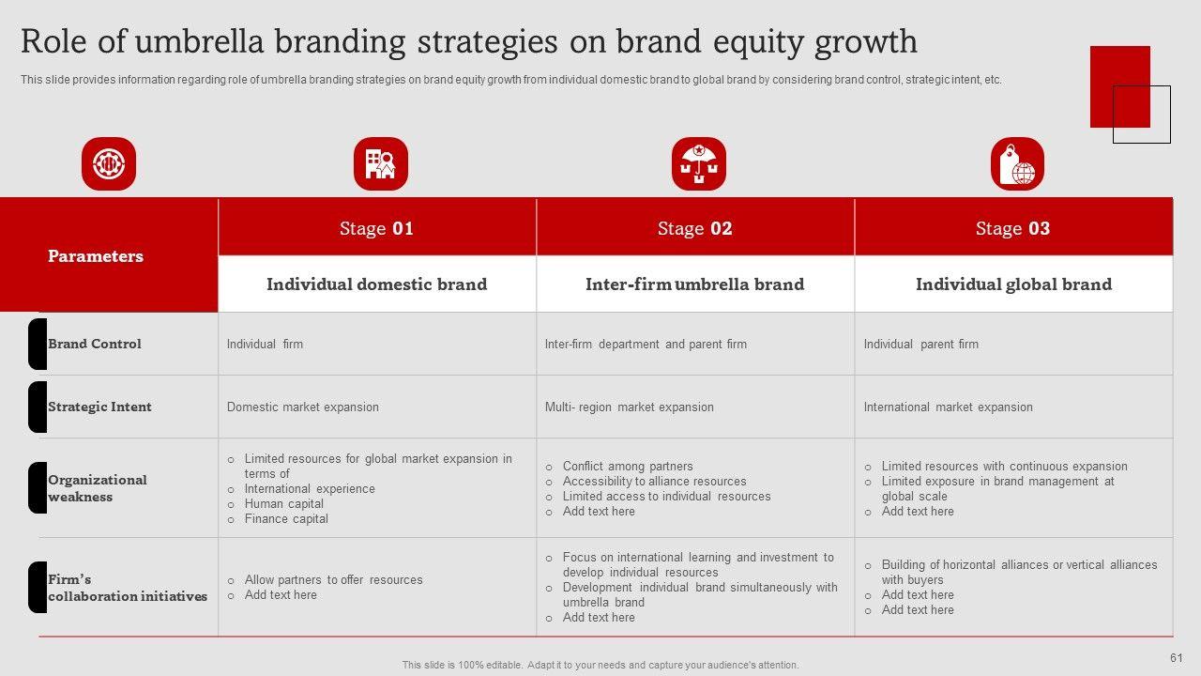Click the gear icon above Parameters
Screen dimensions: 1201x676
(x=109, y=163)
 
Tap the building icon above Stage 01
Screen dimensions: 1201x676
(x=381, y=163)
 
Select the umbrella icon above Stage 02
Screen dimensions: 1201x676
(x=699, y=163)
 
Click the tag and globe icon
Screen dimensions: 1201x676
(x=1017, y=163)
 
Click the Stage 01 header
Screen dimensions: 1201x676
(x=376, y=228)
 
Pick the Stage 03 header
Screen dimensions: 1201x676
(x=1012, y=228)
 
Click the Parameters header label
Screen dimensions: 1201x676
(x=96, y=256)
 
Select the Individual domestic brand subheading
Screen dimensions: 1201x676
(x=377, y=284)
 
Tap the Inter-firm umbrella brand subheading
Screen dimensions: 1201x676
(x=695, y=284)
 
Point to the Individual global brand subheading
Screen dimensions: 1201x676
(x=1014, y=284)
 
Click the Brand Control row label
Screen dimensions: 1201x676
(x=95, y=344)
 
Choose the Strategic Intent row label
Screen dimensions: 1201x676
(x=99, y=407)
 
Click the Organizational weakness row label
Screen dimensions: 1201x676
(x=97, y=488)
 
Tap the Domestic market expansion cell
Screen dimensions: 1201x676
(x=303, y=407)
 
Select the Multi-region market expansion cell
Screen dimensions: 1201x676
(x=630, y=407)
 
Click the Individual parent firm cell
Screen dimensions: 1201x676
(x=921, y=344)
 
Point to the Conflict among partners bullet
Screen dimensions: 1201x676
(x=628, y=467)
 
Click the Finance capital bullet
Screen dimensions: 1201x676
(x=286, y=519)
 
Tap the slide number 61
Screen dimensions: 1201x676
(x=1177, y=658)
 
